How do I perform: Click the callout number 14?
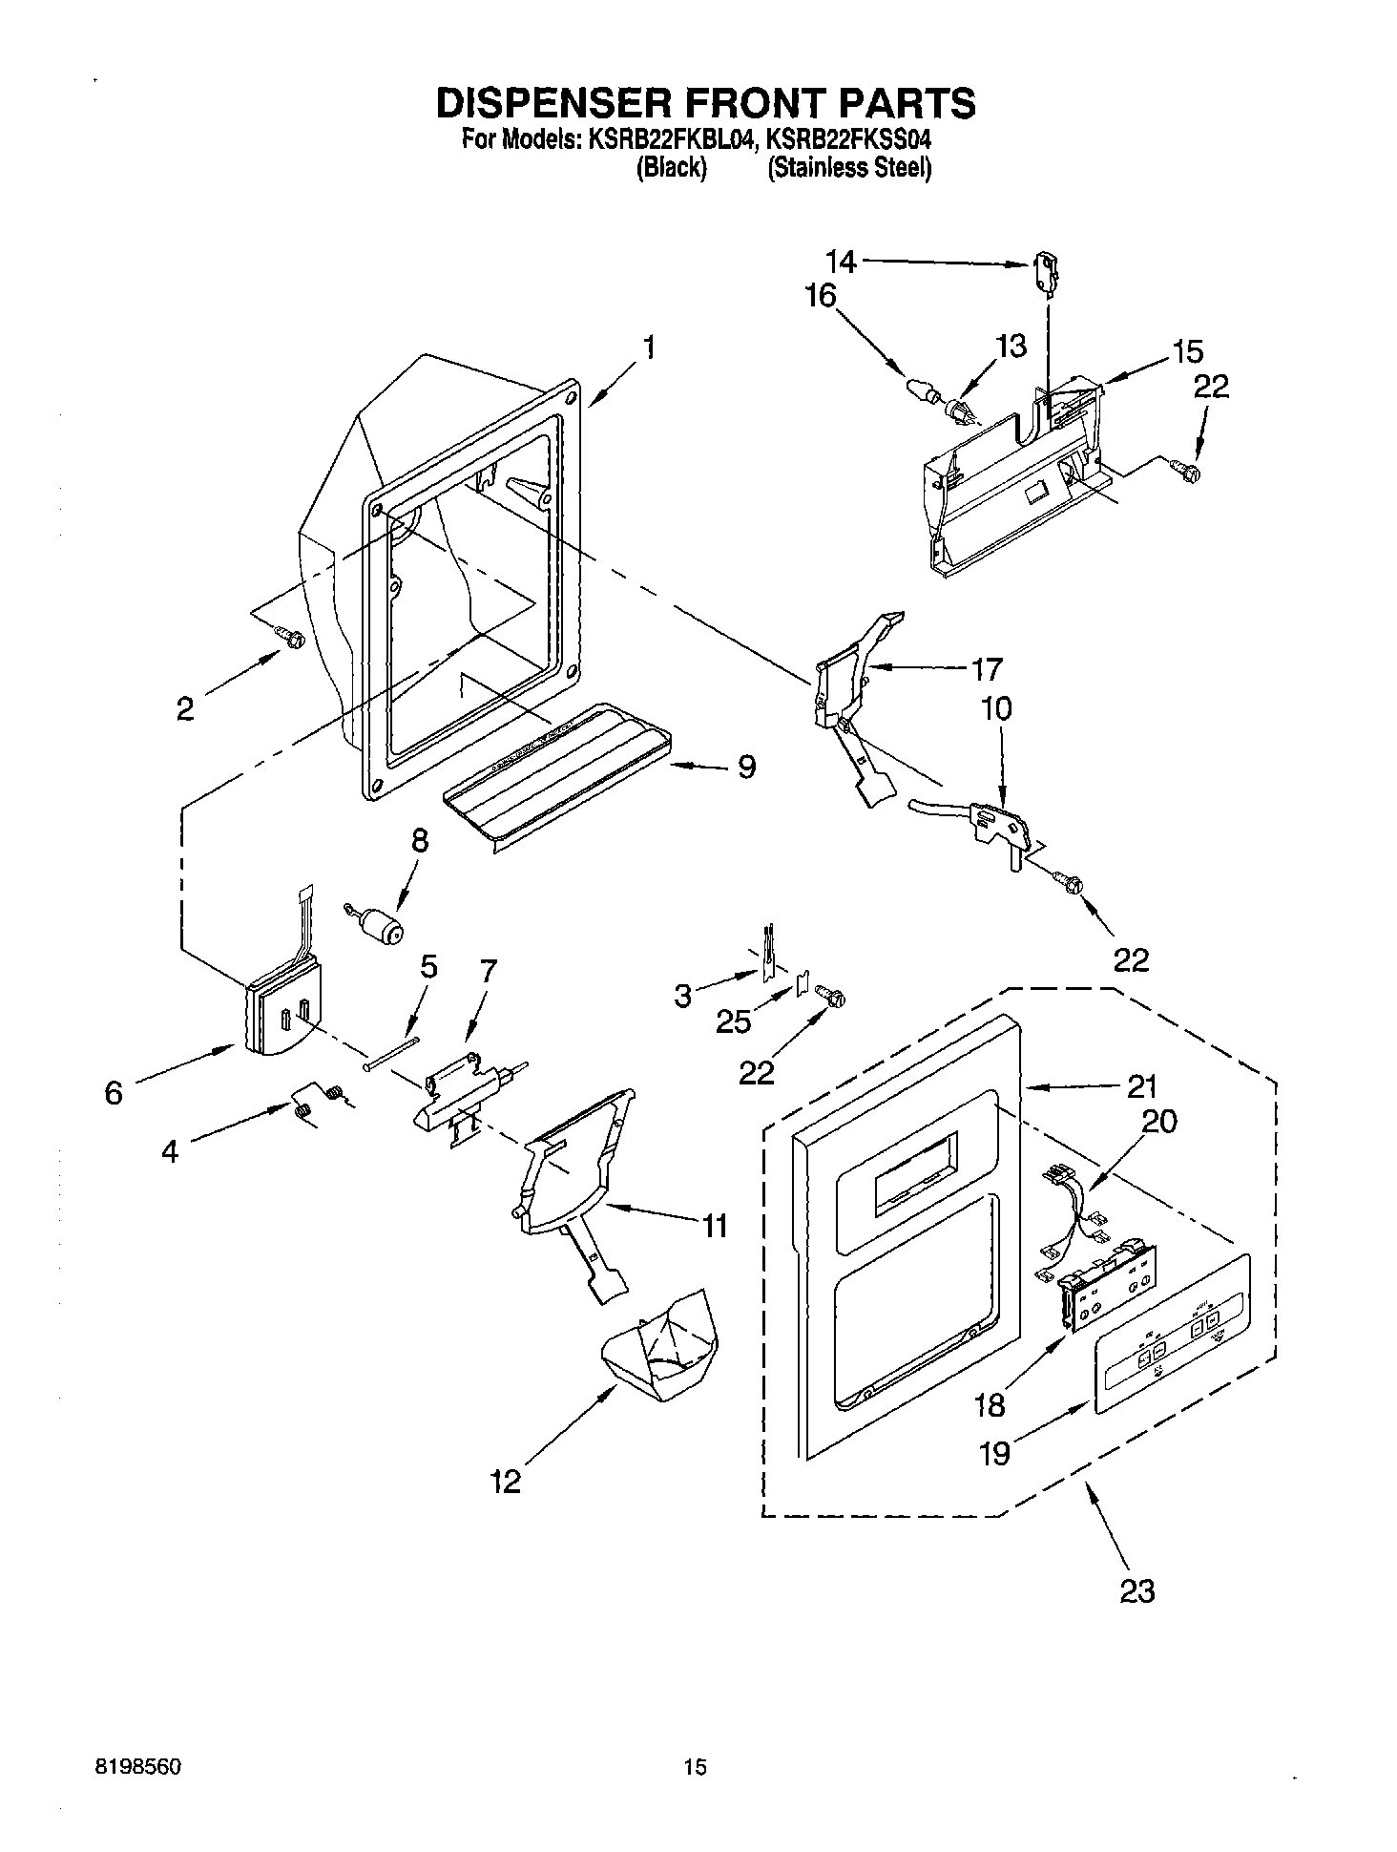(841, 261)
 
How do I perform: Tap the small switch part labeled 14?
(1047, 275)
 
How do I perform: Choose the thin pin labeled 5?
(391, 1054)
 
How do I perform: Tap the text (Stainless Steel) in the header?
(848, 169)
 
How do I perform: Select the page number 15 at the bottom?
(696, 1768)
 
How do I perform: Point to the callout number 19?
(995, 1453)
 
